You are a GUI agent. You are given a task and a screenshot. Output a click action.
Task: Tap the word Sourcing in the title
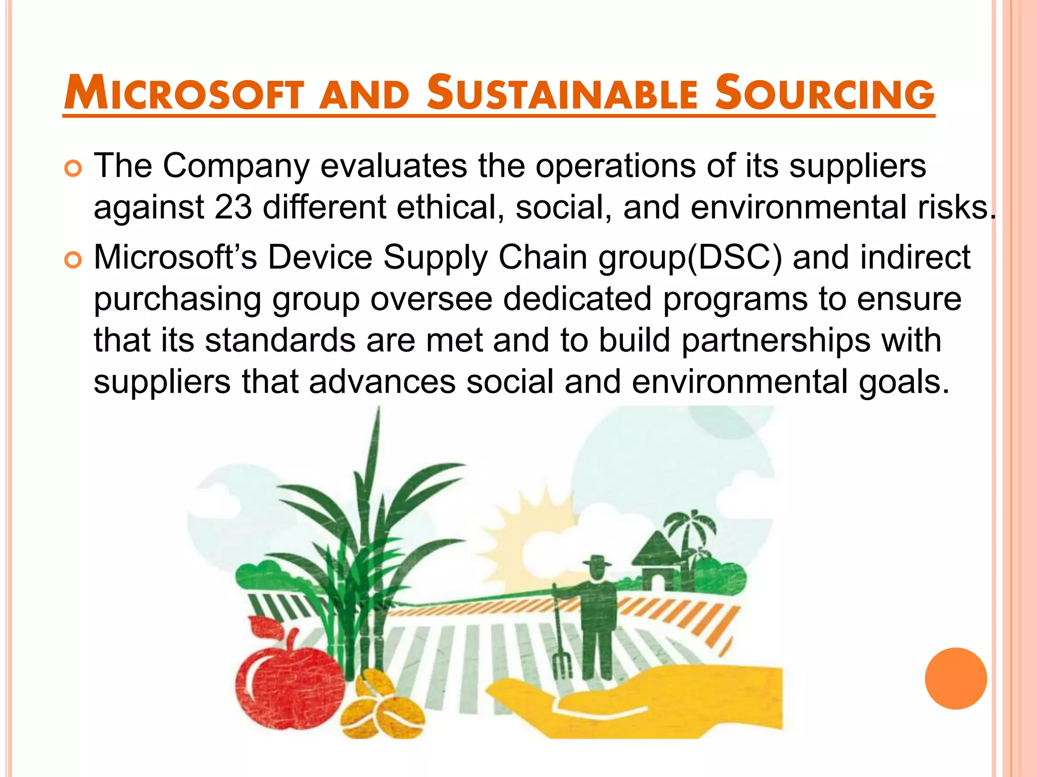point(824,93)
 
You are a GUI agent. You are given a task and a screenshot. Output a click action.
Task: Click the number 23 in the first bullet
point(233,207)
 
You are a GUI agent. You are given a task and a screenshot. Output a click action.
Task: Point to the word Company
point(235,166)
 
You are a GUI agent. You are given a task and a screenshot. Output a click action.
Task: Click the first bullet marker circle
point(73,169)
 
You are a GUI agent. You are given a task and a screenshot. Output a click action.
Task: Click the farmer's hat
point(596,561)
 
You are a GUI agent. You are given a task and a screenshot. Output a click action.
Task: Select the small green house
point(658,562)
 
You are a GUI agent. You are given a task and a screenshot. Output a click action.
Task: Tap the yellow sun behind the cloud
point(527,531)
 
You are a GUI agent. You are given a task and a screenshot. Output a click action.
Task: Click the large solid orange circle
point(955,678)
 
